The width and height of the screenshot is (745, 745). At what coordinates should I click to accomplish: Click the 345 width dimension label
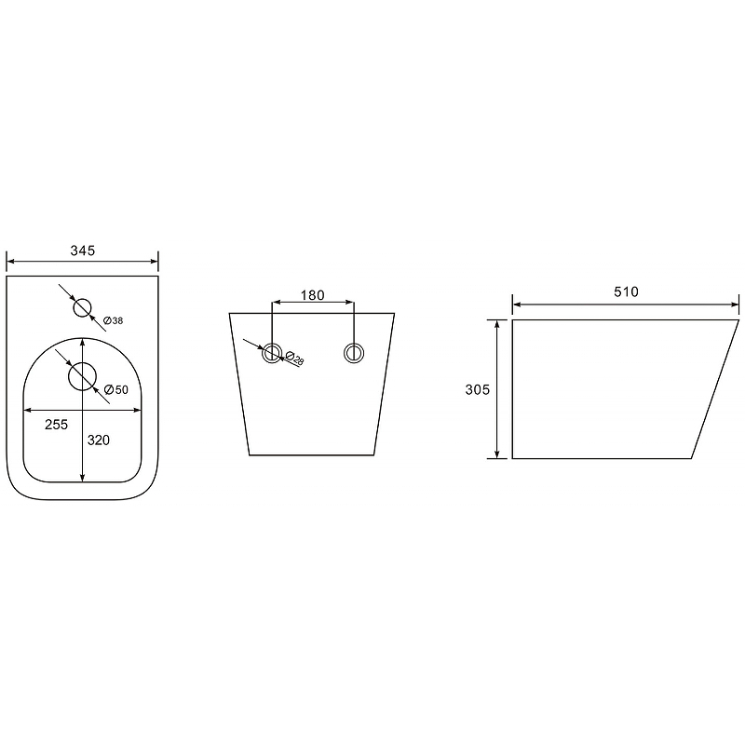click(x=83, y=251)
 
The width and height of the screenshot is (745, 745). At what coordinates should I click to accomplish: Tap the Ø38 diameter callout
click(x=113, y=320)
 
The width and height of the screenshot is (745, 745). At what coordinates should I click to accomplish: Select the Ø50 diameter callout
click(x=115, y=389)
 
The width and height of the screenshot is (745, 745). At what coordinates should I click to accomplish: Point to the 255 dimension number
click(x=57, y=425)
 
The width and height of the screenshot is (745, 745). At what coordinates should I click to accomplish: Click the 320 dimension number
click(x=99, y=440)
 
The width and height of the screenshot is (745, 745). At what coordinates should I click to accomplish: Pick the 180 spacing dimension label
click(x=312, y=295)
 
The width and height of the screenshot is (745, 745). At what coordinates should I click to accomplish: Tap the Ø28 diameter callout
click(x=294, y=358)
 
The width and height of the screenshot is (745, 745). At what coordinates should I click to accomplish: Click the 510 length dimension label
click(x=626, y=291)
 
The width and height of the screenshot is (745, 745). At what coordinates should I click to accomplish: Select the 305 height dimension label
click(x=477, y=389)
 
